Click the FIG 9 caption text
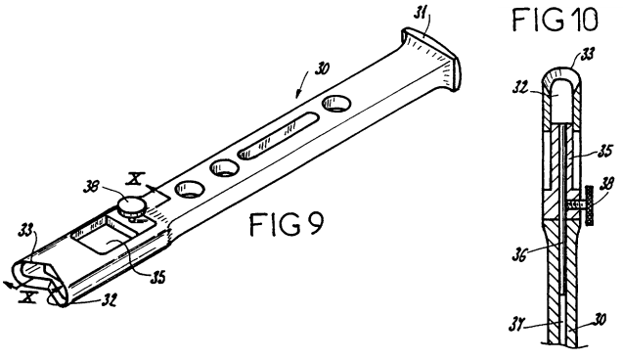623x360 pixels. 287,224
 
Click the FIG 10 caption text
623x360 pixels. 555,20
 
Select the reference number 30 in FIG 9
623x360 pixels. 322,68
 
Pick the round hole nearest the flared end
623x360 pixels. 336,103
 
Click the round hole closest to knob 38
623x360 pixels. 190,189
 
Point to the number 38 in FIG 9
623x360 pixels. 92,187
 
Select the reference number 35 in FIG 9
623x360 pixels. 156,278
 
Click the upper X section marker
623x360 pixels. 135,179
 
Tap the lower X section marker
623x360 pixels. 28,296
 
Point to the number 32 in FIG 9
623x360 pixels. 109,300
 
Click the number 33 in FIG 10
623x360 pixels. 587,54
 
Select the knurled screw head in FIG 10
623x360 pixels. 590,205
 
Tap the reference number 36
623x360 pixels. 518,255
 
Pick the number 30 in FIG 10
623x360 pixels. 599,320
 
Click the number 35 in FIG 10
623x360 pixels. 605,152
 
